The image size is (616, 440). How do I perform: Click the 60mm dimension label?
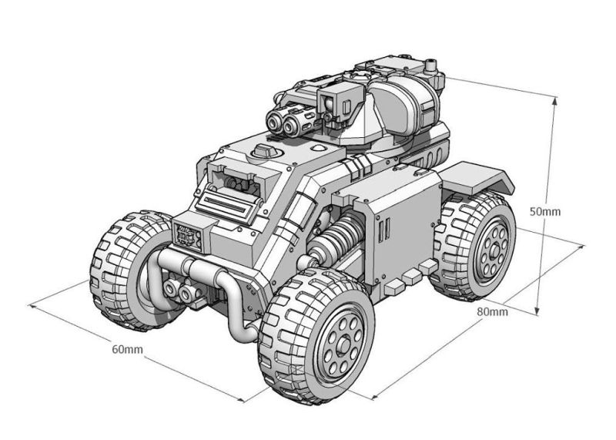tap(127, 349)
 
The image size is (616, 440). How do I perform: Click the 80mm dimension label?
tap(492, 312)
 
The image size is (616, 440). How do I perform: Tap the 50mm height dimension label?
tap(545, 212)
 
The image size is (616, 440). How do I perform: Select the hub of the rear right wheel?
tap(494, 250)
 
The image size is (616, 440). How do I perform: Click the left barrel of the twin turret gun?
tap(274, 120)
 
